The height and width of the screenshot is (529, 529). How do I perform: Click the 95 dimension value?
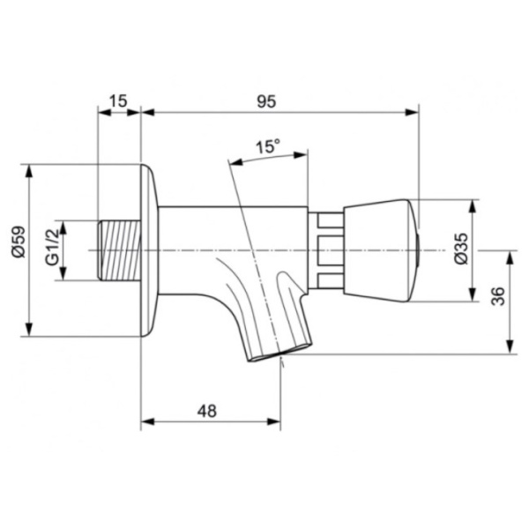(x=266, y=101)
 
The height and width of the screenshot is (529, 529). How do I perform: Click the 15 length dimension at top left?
(x=118, y=101)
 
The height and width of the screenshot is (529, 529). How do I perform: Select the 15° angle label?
(x=267, y=146)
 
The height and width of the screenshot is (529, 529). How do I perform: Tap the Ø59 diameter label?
(x=19, y=242)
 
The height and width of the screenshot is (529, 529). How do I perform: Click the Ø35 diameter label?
(x=461, y=249)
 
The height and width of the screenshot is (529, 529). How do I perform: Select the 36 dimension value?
(x=497, y=296)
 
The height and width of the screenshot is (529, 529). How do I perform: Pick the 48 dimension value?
(x=207, y=411)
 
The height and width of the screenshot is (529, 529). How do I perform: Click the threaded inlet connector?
(x=119, y=250)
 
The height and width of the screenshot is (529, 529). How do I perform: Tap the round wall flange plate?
(x=149, y=250)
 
